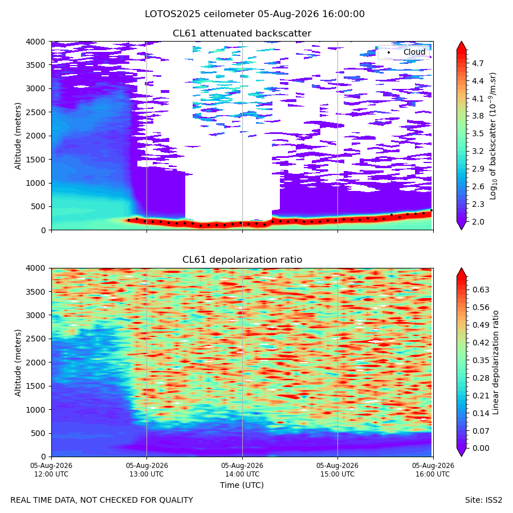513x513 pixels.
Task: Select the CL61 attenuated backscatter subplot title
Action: [x=242, y=34]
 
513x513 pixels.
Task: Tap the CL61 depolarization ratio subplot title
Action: [x=242, y=260]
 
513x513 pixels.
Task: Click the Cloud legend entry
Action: [x=414, y=52]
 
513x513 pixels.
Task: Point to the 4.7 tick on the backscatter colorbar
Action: [x=478, y=63]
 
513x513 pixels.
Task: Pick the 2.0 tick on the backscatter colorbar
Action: [x=478, y=222]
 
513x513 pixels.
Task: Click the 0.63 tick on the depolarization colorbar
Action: [x=481, y=290]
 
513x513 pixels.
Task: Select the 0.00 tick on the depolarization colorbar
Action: [x=481, y=448]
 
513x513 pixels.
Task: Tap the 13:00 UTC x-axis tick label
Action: [x=146, y=470]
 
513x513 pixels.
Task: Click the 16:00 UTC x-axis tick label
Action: [x=433, y=470]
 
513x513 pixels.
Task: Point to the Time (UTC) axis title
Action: [x=242, y=485]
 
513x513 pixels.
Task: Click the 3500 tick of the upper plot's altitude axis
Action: [x=36, y=65]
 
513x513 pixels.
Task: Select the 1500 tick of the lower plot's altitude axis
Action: [x=36, y=386]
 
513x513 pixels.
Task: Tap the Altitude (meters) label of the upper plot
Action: [x=18, y=136]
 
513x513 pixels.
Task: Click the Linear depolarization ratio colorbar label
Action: [x=495, y=363]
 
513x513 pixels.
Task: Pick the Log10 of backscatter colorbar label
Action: [x=493, y=136]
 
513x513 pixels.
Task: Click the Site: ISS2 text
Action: [x=483, y=500]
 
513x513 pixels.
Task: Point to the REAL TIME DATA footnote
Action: [x=102, y=500]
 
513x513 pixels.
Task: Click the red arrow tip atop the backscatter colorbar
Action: [x=461, y=42]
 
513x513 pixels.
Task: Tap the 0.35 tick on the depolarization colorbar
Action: [x=481, y=361]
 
